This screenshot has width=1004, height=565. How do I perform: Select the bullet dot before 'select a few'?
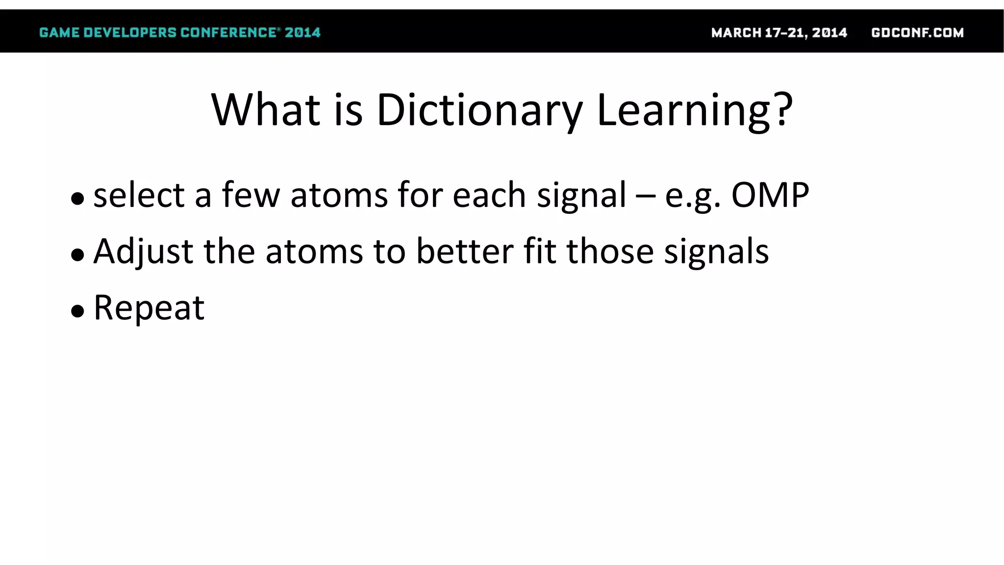coord(77,199)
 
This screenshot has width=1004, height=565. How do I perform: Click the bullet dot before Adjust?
coord(77,255)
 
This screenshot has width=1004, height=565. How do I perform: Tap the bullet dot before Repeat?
coord(77,311)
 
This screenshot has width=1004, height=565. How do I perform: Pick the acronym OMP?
coord(770,195)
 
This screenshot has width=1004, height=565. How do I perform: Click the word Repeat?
coord(149,308)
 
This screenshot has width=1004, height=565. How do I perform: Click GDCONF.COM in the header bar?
coord(917,33)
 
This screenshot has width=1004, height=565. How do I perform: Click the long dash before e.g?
coord(645,196)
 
